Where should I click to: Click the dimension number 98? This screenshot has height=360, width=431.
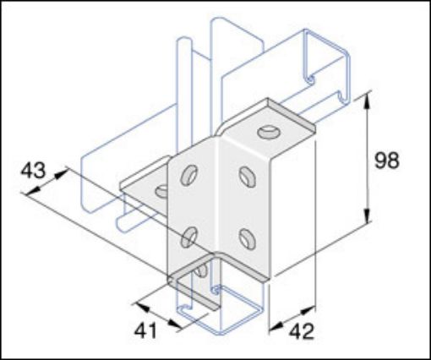(387, 161)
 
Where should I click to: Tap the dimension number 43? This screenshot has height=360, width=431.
(33, 169)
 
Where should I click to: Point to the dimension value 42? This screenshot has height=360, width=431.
(302, 331)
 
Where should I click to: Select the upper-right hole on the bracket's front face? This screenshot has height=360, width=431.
(247, 176)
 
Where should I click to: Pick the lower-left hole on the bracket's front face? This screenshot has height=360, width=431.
(191, 232)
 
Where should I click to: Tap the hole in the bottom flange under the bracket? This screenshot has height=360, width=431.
(201, 271)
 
